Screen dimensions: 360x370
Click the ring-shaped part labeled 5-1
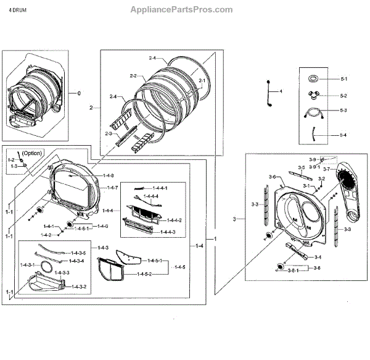[x=312, y=78]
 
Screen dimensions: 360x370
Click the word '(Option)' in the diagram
[x=32, y=152]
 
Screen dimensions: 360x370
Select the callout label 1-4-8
[x=109, y=176]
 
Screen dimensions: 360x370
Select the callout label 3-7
[x=327, y=169]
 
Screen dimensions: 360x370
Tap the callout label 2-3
[x=109, y=133]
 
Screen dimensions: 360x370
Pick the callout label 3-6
[x=272, y=177]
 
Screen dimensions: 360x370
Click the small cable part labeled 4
[x=270, y=92]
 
